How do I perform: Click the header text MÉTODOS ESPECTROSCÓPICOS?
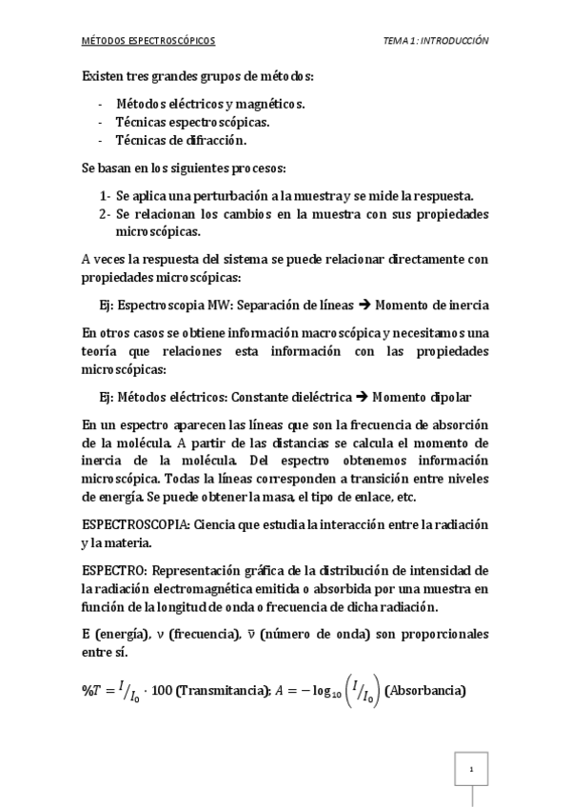point(148,41)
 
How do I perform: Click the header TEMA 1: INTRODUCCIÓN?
point(435,41)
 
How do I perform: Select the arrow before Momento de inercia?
point(364,305)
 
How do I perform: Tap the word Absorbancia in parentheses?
point(423,690)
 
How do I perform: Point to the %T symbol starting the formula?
point(94,690)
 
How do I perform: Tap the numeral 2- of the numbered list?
point(106,214)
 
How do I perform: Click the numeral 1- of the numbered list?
point(106,196)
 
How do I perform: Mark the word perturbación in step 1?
point(210,196)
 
